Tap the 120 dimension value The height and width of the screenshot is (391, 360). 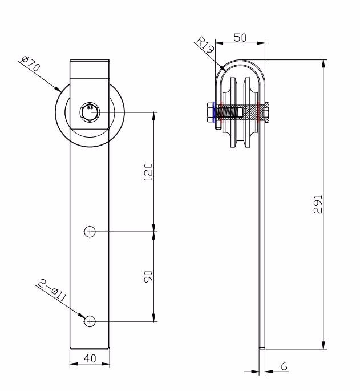(148, 172)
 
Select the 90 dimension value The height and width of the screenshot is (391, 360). (148, 276)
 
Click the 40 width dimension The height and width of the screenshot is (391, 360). (90, 358)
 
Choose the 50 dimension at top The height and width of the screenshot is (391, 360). (240, 38)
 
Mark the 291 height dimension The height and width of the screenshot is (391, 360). (318, 204)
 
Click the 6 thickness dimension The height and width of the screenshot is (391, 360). (284, 366)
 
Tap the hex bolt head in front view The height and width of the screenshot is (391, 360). (90, 112)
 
